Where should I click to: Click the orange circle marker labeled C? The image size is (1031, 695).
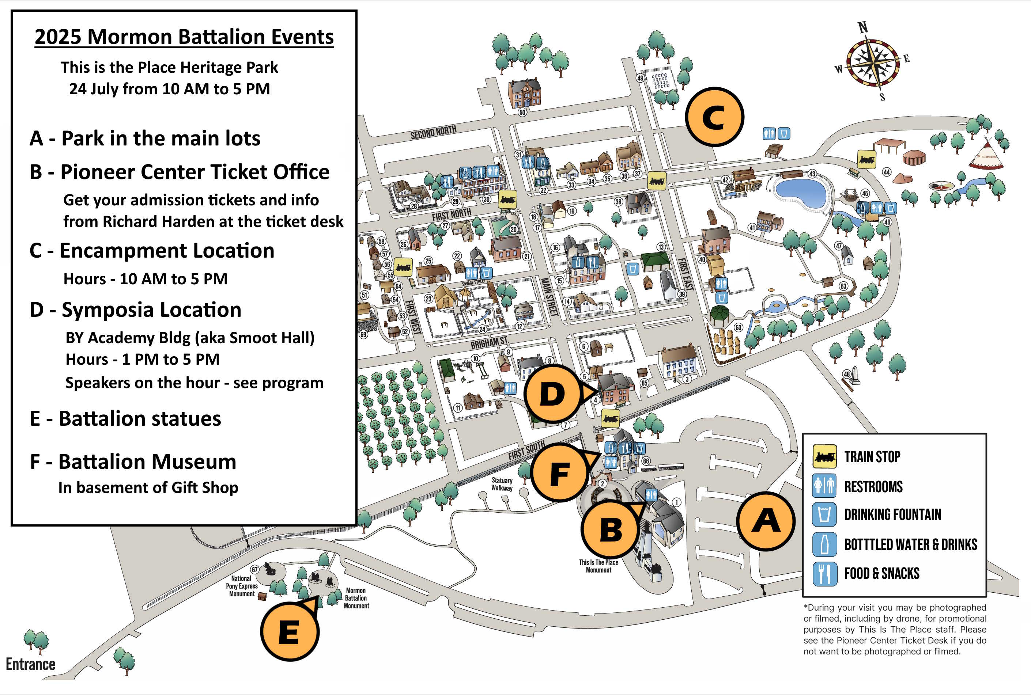(x=714, y=117)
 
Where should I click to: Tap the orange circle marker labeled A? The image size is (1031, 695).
(x=766, y=521)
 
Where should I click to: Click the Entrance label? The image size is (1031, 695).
(x=31, y=664)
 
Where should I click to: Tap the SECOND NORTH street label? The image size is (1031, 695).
(x=433, y=132)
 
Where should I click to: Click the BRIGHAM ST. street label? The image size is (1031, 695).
(x=489, y=342)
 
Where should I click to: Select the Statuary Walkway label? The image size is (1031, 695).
(x=502, y=484)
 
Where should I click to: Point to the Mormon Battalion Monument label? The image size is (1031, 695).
(x=356, y=598)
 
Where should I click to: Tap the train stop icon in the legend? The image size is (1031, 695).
(x=824, y=456)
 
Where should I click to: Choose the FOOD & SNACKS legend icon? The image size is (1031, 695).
(x=824, y=574)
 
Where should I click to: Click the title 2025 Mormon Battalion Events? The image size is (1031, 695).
(x=184, y=37)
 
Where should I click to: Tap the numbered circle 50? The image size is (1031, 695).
(x=522, y=112)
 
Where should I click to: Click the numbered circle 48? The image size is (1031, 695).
(x=846, y=374)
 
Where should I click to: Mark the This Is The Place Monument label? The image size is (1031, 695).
(x=598, y=566)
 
